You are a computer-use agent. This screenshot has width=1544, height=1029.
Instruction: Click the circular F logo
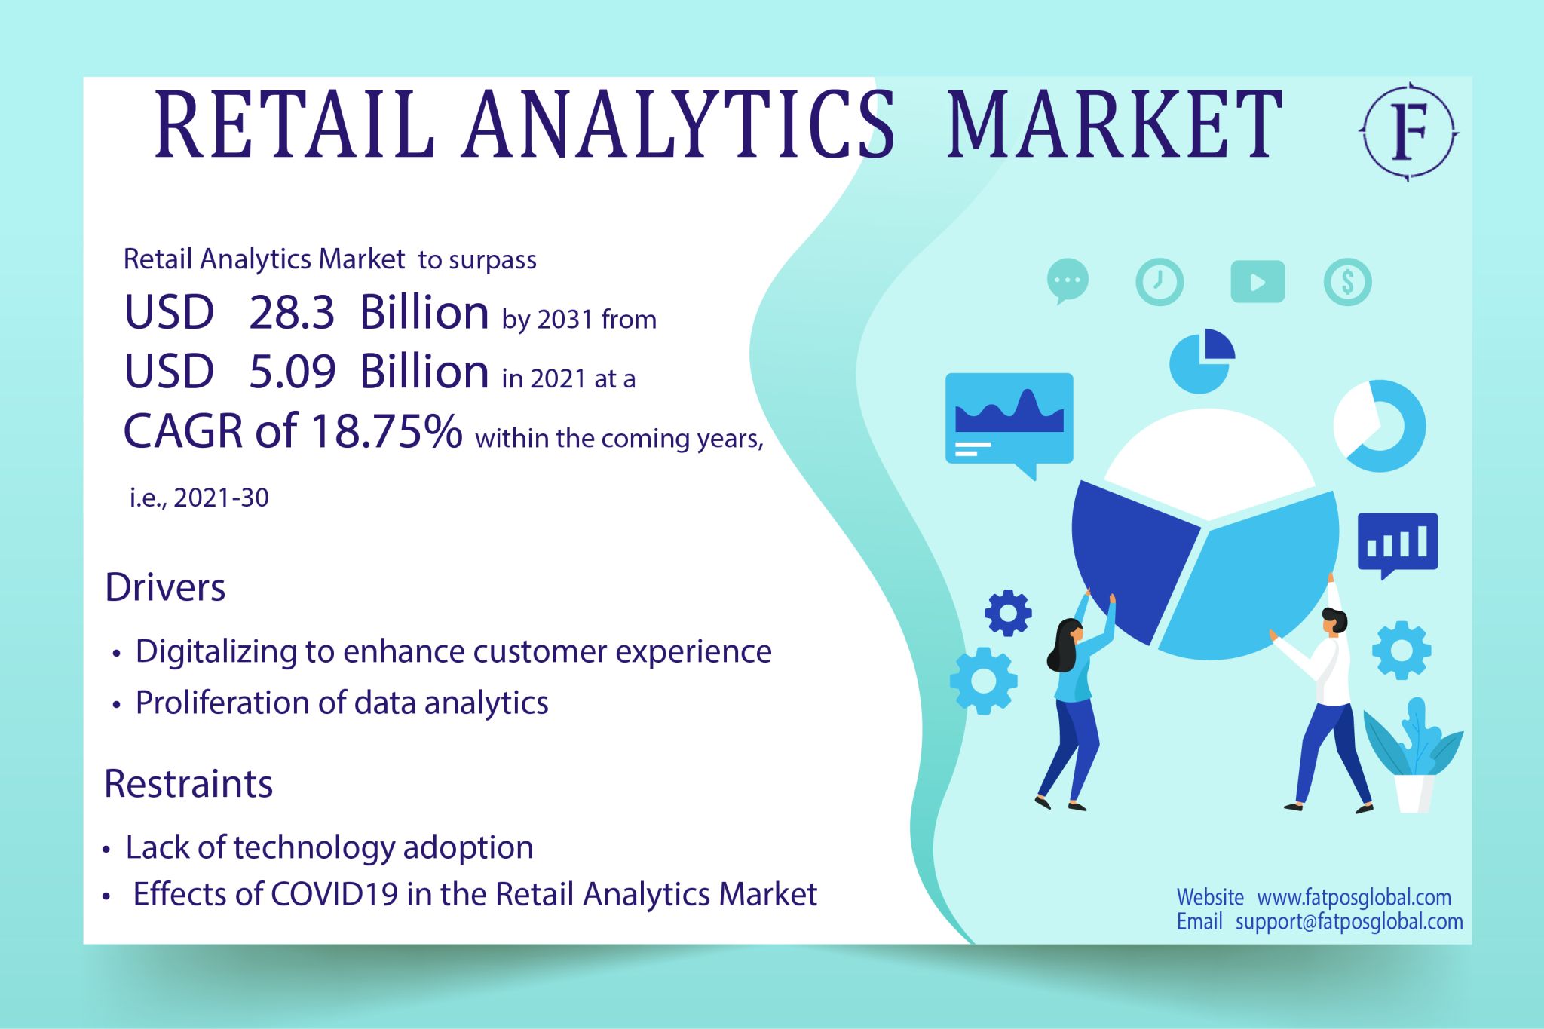(1408, 131)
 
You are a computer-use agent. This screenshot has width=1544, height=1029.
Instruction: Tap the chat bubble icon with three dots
(1068, 280)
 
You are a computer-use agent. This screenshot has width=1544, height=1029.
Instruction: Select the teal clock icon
(1160, 282)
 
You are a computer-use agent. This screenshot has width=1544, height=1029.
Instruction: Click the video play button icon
(1258, 282)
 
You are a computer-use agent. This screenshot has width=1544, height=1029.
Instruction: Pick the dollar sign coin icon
(1347, 282)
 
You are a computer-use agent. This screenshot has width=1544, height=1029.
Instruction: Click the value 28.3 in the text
(292, 312)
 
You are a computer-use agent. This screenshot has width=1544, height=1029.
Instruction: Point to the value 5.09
(293, 372)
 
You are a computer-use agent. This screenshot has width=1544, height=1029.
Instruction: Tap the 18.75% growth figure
(386, 431)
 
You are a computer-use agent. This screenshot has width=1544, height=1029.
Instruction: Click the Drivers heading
(165, 587)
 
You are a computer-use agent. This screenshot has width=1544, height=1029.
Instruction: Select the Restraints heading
(188, 784)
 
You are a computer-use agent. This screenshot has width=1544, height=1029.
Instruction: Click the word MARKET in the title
(1114, 124)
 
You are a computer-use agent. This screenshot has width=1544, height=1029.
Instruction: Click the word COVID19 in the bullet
(334, 895)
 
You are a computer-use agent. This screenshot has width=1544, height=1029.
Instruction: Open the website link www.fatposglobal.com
(1354, 897)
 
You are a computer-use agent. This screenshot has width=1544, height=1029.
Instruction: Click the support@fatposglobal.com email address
(1349, 921)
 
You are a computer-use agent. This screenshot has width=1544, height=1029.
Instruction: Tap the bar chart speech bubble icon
(1397, 544)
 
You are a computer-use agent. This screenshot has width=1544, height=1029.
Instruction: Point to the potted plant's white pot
(1414, 793)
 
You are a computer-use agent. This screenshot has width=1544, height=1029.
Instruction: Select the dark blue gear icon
(1008, 613)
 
